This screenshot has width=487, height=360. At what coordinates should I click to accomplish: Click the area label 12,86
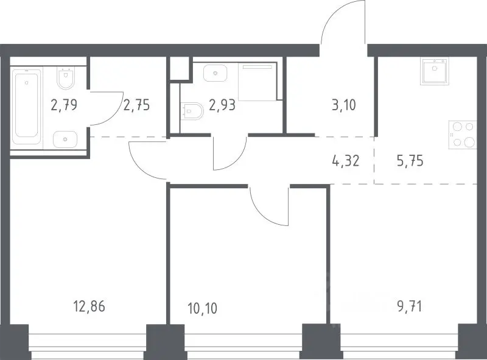pyautogui.click(x=89, y=306)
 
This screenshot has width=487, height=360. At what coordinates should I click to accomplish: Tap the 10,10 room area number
pyautogui.click(x=203, y=308)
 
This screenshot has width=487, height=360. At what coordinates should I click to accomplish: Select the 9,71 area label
pyautogui.click(x=410, y=306)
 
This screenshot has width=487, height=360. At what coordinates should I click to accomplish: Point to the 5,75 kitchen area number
pyautogui.click(x=410, y=161)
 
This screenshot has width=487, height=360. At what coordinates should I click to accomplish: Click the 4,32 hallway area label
pyautogui.click(x=346, y=161)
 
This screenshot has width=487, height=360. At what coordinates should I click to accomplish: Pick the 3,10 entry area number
pyautogui.click(x=344, y=105)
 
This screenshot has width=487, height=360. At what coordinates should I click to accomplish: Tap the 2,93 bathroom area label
pyautogui.click(x=222, y=105)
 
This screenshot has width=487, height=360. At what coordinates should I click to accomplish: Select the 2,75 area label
pyautogui.click(x=136, y=105)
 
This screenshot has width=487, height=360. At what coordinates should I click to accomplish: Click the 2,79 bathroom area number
pyautogui.click(x=64, y=105)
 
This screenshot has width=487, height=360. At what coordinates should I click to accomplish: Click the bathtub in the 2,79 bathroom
pyautogui.click(x=27, y=107)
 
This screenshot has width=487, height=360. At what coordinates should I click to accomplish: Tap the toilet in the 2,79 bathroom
pyautogui.click(x=66, y=78)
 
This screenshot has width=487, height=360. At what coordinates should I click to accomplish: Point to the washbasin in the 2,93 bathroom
pyautogui.click(x=215, y=72)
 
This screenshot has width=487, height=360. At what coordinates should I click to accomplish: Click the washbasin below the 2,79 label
pyautogui.click(x=65, y=139)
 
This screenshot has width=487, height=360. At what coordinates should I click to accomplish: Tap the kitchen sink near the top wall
pyautogui.click(x=435, y=71)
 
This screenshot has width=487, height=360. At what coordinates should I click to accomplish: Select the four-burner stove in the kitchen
pyautogui.click(x=463, y=135)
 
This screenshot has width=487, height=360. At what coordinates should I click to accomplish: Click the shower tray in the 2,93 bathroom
pyautogui.click(x=257, y=82)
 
